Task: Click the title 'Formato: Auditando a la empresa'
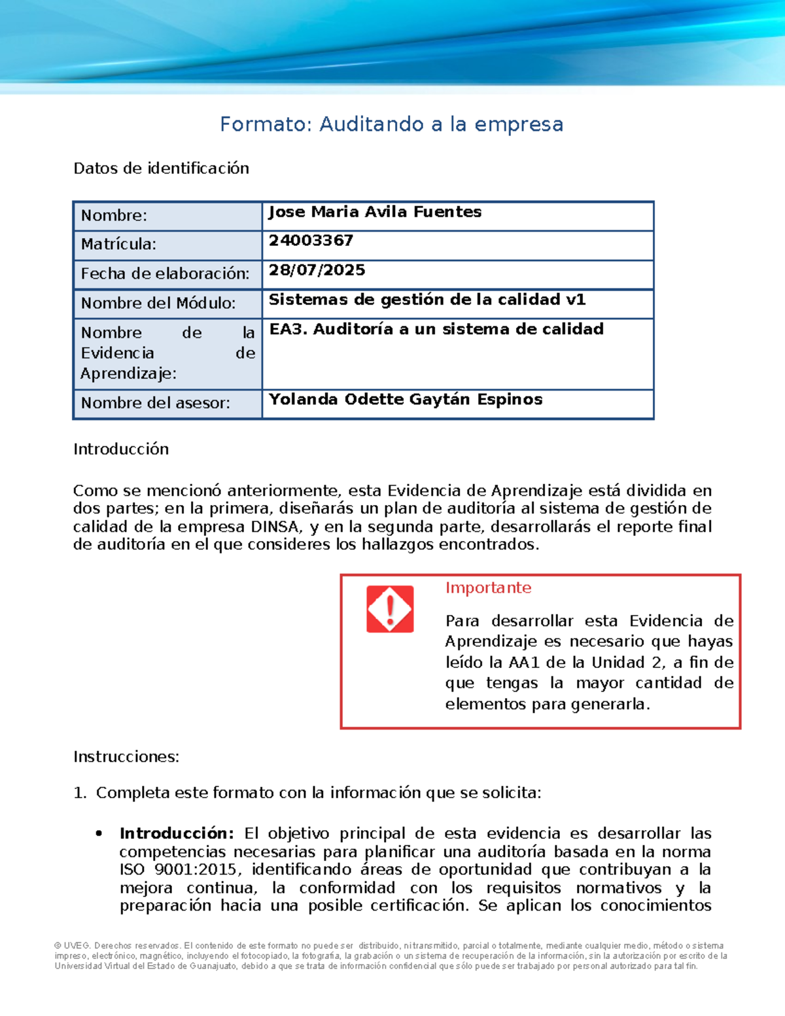pos(391,124)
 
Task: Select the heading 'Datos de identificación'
pos(161,169)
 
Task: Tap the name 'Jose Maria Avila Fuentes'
pos(375,212)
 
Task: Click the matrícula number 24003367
pos(311,241)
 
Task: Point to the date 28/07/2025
pos(317,270)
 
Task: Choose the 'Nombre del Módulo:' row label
pos(158,304)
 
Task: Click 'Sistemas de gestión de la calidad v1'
pos(427,300)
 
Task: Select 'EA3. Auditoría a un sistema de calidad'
pos(436,329)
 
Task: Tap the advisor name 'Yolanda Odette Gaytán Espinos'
pos(406,400)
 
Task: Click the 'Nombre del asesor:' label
pos(155,404)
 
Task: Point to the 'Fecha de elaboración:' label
pos(165,274)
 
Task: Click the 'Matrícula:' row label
pos(118,245)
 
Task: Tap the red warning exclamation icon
pos(390,609)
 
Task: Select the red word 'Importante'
pos(488,588)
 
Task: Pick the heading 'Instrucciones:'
pos(126,757)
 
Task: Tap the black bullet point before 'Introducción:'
pos(99,834)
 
